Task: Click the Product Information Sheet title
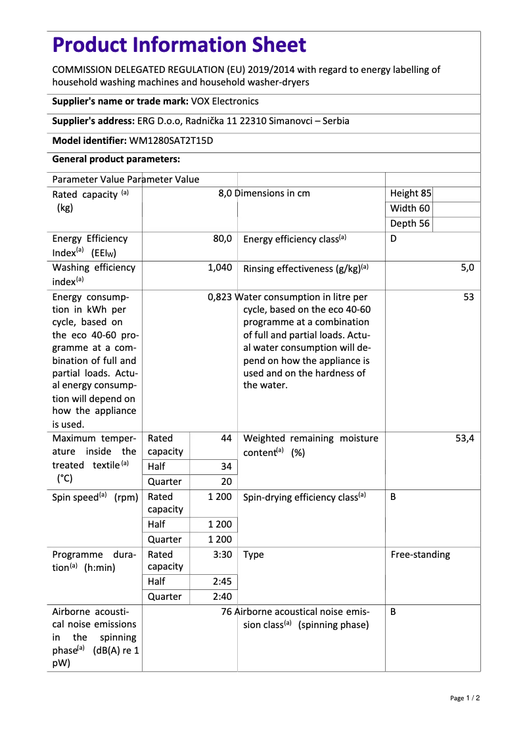(x=179, y=45)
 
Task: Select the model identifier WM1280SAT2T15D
(x=171, y=141)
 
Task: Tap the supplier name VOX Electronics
(x=225, y=101)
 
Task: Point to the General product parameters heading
(x=116, y=160)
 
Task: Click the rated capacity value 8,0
(x=225, y=193)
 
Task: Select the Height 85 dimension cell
(x=410, y=193)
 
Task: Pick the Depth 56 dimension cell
(x=409, y=223)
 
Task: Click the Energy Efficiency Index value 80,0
(x=222, y=239)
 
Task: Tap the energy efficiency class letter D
(x=394, y=239)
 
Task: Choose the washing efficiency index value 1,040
(x=219, y=268)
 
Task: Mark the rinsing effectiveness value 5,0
(x=467, y=268)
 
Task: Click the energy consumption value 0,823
(x=219, y=297)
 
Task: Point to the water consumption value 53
(x=468, y=297)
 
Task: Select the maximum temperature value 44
(x=226, y=438)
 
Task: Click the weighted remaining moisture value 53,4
(x=464, y=438)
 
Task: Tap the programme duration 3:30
(x=223, y=554)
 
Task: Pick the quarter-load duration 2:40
(x=223, y=597)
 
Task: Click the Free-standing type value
(x=421, y=554)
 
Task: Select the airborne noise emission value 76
(x=227, y=612)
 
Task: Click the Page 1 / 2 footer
(x=465, y=698)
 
